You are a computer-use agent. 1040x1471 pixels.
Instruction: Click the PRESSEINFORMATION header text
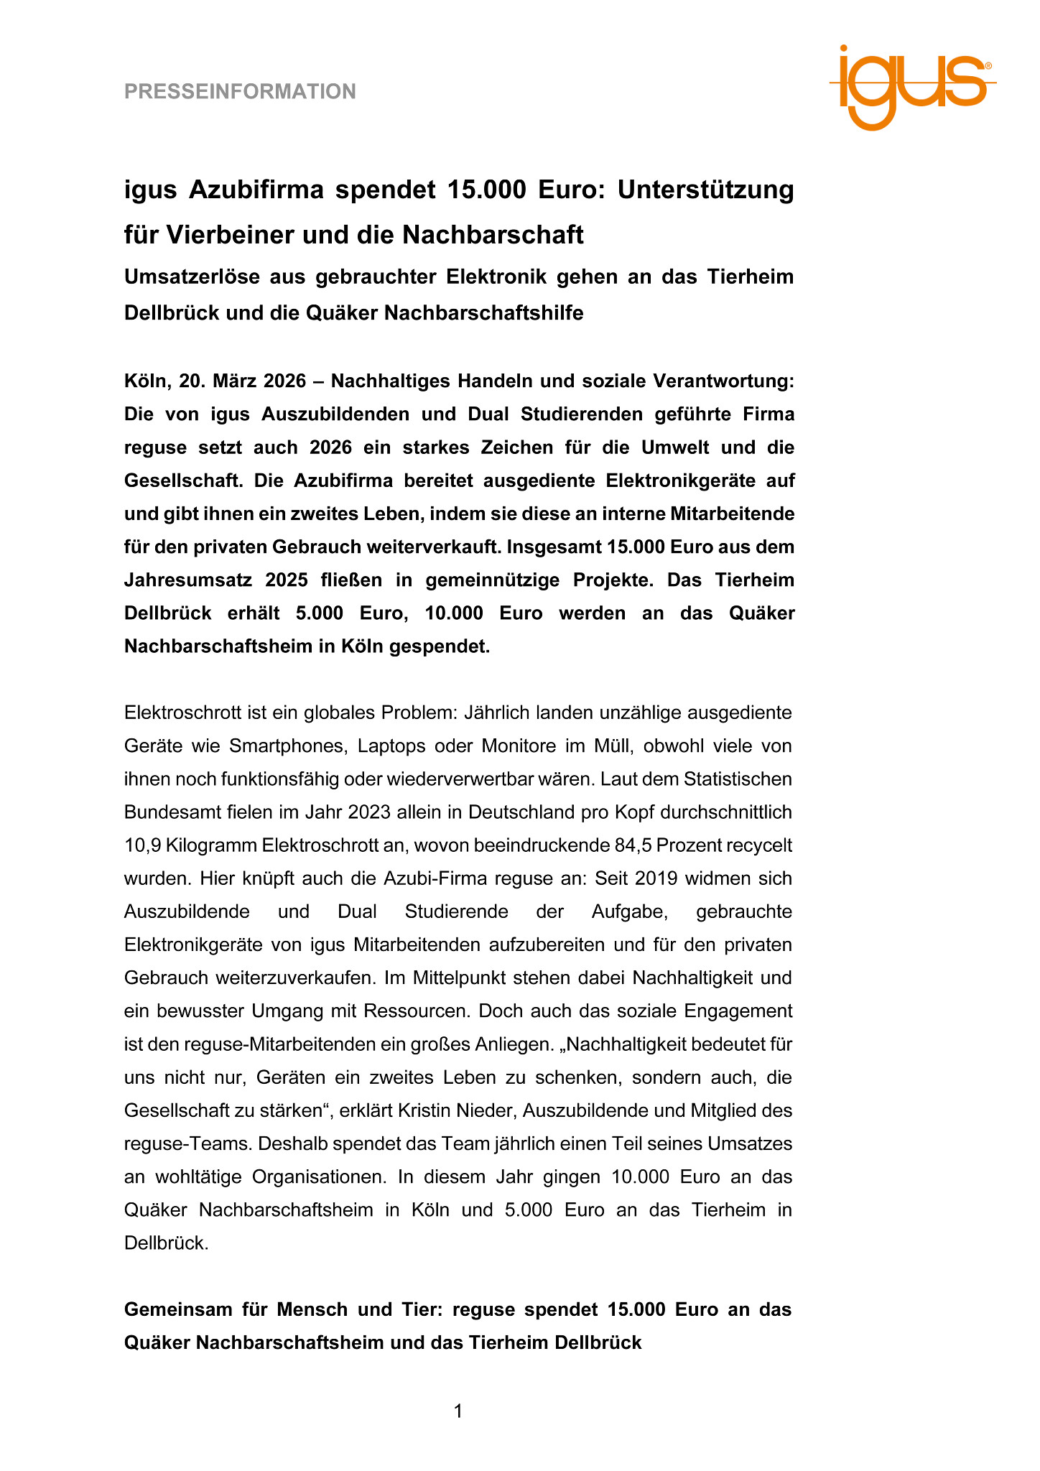tap(240, 91)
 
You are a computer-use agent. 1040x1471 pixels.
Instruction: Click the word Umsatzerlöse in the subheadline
tap(188, 277)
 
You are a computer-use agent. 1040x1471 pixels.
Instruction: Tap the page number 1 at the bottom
tap(458, 1411)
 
